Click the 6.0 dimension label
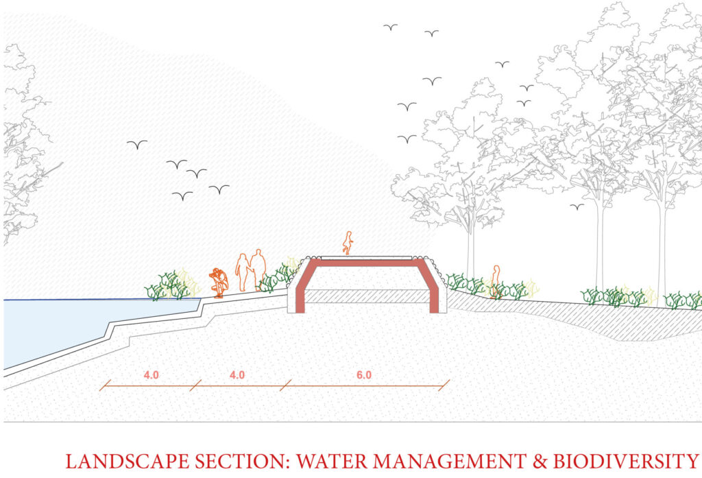pos(364,375)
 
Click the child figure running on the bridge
pos(348,243)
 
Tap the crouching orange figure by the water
pos(219,283)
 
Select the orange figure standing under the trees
pos(495,281)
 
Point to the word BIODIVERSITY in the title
pos(625,462)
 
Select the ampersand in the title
pos(540,462)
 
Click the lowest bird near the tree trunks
pos(577,206)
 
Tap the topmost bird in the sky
pos(390,27)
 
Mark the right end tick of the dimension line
pos(444,385)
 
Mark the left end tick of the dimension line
pos(105,385)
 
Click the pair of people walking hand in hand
pos(251,270)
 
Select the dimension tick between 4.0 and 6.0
pos(286,385)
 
